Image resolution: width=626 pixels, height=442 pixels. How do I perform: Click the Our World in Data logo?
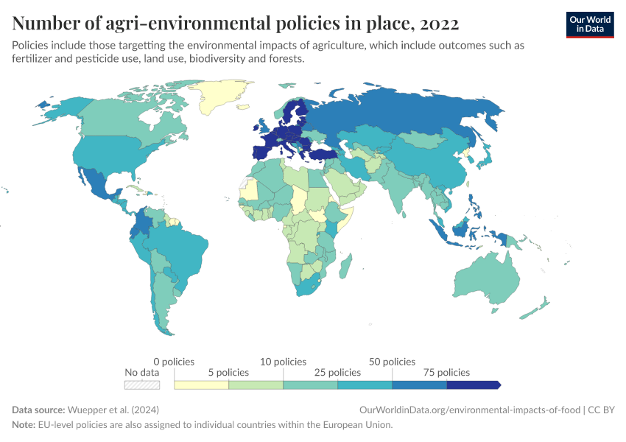pos(589,24)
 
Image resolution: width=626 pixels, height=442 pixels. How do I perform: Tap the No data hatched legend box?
pos(142,385)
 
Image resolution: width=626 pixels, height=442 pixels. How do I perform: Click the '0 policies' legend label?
pos(174,362)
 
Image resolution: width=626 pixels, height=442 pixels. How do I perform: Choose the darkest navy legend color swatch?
pos(473,385)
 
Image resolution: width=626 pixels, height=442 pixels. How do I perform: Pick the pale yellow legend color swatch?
pos(201,385)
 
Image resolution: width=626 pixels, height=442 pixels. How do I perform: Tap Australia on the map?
pos(486,284)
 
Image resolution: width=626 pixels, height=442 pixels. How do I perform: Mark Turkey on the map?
pos(321,154)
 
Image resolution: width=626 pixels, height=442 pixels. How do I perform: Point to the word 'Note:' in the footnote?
pos(24,425)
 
